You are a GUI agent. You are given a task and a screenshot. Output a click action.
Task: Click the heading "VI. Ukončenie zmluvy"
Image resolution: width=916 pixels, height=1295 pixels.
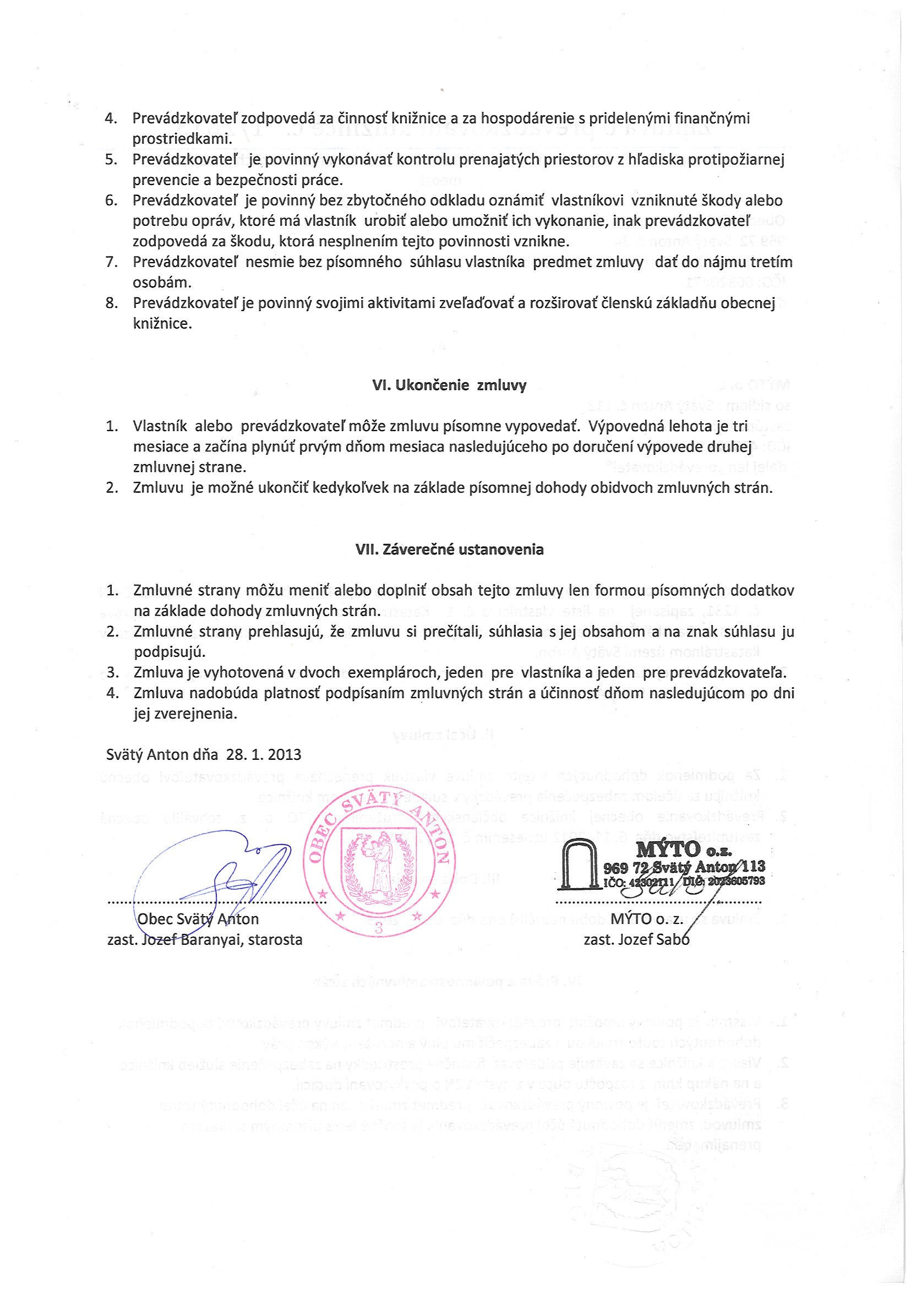[449, 385]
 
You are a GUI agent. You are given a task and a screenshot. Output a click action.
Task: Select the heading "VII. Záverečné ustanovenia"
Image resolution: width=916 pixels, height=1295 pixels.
[449, 549]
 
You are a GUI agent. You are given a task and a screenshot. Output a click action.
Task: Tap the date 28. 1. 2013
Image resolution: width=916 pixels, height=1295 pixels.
[264, 755]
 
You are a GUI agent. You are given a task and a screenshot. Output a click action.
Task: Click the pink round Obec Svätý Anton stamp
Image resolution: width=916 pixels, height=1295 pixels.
[379, 861]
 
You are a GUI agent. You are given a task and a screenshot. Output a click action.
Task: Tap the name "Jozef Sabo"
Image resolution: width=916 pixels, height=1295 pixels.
[655, 940]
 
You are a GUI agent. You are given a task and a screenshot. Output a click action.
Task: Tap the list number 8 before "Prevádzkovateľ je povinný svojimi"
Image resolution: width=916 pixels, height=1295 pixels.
[111, 303]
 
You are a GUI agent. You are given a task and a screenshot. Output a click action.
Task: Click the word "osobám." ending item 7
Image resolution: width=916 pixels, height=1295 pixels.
[162, 282]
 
